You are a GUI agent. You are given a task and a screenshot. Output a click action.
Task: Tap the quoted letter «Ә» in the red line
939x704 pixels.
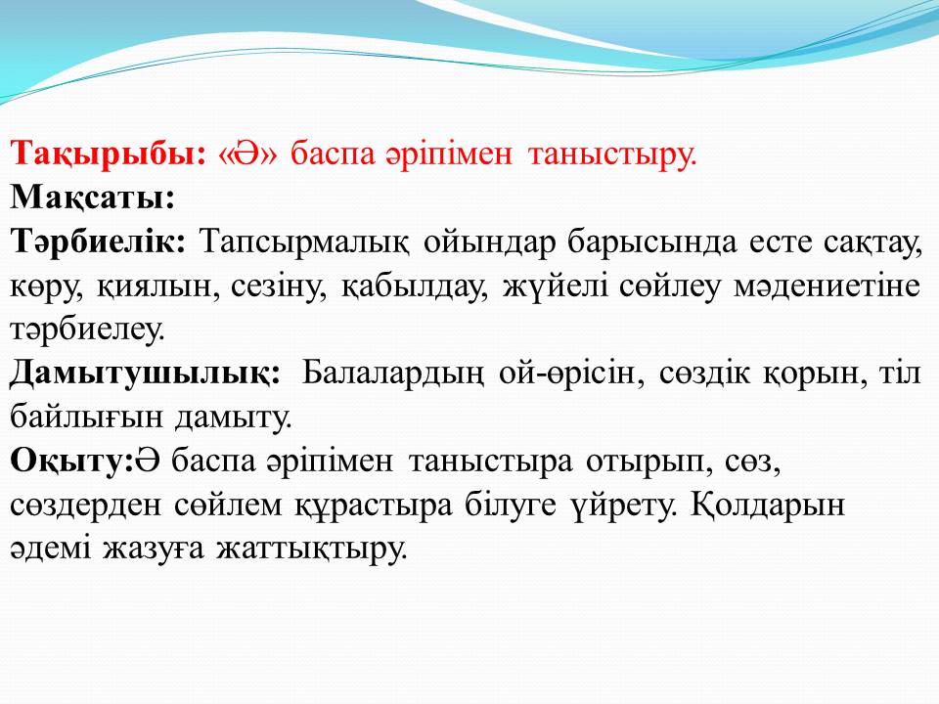tap(248, 154)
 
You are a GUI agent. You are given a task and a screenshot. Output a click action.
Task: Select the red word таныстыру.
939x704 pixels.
tap(613, 155)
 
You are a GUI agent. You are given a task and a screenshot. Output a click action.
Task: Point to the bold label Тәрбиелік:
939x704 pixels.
tap(98, 242)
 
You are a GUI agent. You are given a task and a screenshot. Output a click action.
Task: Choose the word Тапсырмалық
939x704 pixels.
tap(305, 243)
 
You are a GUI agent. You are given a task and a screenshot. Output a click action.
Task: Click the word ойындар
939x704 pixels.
tap(489, 243)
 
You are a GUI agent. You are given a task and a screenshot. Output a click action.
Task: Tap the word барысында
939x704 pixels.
tap(652, 243)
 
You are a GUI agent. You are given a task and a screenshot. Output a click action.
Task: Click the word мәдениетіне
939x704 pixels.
tap(827, 286)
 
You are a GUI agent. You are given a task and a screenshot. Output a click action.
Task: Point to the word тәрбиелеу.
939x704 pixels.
tap(87, 330)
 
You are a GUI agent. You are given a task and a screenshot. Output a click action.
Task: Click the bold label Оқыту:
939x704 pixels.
tap(70, 462)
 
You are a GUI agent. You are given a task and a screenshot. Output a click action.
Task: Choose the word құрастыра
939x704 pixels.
tap(373, 506)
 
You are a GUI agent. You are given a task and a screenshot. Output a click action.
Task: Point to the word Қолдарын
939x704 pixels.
tap(768, 506)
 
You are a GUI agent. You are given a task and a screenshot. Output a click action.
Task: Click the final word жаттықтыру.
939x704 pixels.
tap(311, 550)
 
